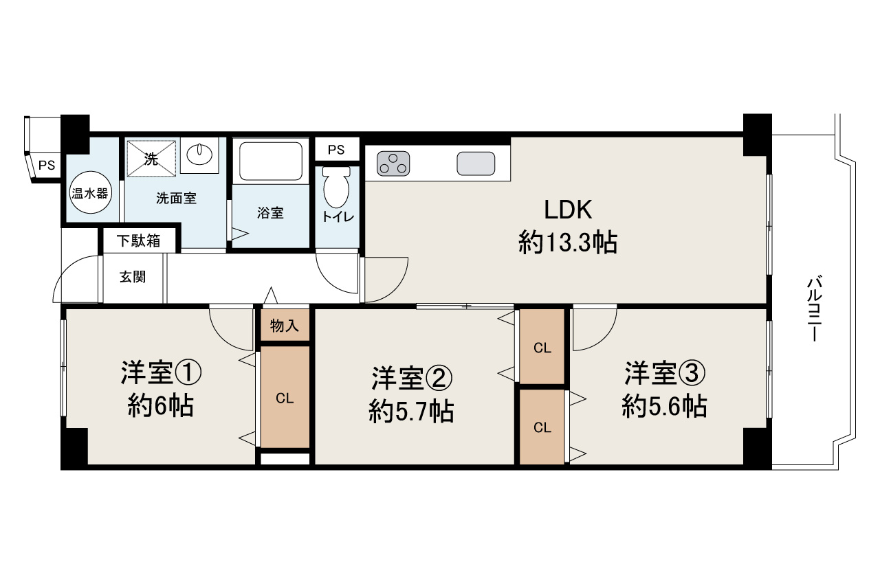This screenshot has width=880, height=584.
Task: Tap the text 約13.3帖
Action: (x=568, y=243)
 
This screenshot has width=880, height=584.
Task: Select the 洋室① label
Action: (x=162, y=374)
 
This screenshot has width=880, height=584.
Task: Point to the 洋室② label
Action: (x=412, y=377)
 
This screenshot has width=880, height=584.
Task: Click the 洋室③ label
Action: (x=664, y=374)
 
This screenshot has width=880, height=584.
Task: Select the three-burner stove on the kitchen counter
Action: (x=393, y=164)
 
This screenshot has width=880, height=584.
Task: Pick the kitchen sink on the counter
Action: (x=476, y=164)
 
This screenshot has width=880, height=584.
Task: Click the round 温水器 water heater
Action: (x=90, y=193)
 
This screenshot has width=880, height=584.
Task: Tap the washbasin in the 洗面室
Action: (x=199, y=154)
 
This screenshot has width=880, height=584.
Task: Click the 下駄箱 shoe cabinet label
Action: (x=138, y=240)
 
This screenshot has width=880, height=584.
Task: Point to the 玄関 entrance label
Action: (x=133, y=278)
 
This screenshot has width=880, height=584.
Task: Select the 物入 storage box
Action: (x=285, y=326)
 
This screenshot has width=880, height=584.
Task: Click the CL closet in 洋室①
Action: (x=285, y=398)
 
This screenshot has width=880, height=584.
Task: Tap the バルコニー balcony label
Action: (x=815, y=308)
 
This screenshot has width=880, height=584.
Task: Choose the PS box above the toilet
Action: (x=336, y=150)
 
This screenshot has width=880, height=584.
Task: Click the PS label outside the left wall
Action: (x=47, y=165)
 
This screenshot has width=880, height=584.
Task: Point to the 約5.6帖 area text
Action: (x=664, y=407)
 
